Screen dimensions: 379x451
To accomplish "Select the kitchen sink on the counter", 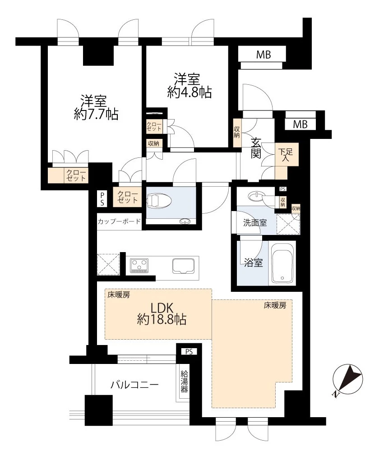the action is pos(184,266).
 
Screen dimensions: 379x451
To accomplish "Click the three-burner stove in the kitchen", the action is pos(139,265).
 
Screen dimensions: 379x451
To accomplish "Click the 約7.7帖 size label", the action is pos(96,115).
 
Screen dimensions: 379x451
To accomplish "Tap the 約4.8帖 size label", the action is pos(189,92).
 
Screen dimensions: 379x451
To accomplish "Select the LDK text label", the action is pos(162,308).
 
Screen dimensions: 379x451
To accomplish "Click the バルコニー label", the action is pos(134,385).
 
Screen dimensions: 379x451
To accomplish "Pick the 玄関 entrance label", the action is pos(255,148).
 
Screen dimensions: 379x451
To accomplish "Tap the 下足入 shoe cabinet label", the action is pos(285,154).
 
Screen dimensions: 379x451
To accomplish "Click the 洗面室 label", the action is pos(255,222).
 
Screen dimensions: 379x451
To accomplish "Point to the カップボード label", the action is pos(119,221).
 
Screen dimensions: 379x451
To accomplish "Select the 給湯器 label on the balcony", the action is pos(184,382).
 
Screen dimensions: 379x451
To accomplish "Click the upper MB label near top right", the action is pos(263,55).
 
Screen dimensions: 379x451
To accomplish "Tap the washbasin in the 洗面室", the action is pos(255,197).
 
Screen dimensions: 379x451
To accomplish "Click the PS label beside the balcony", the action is pos(189,351).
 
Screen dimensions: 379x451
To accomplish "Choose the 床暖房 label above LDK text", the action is pos(119,295).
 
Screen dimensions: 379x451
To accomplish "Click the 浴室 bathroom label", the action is pos(253,262).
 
